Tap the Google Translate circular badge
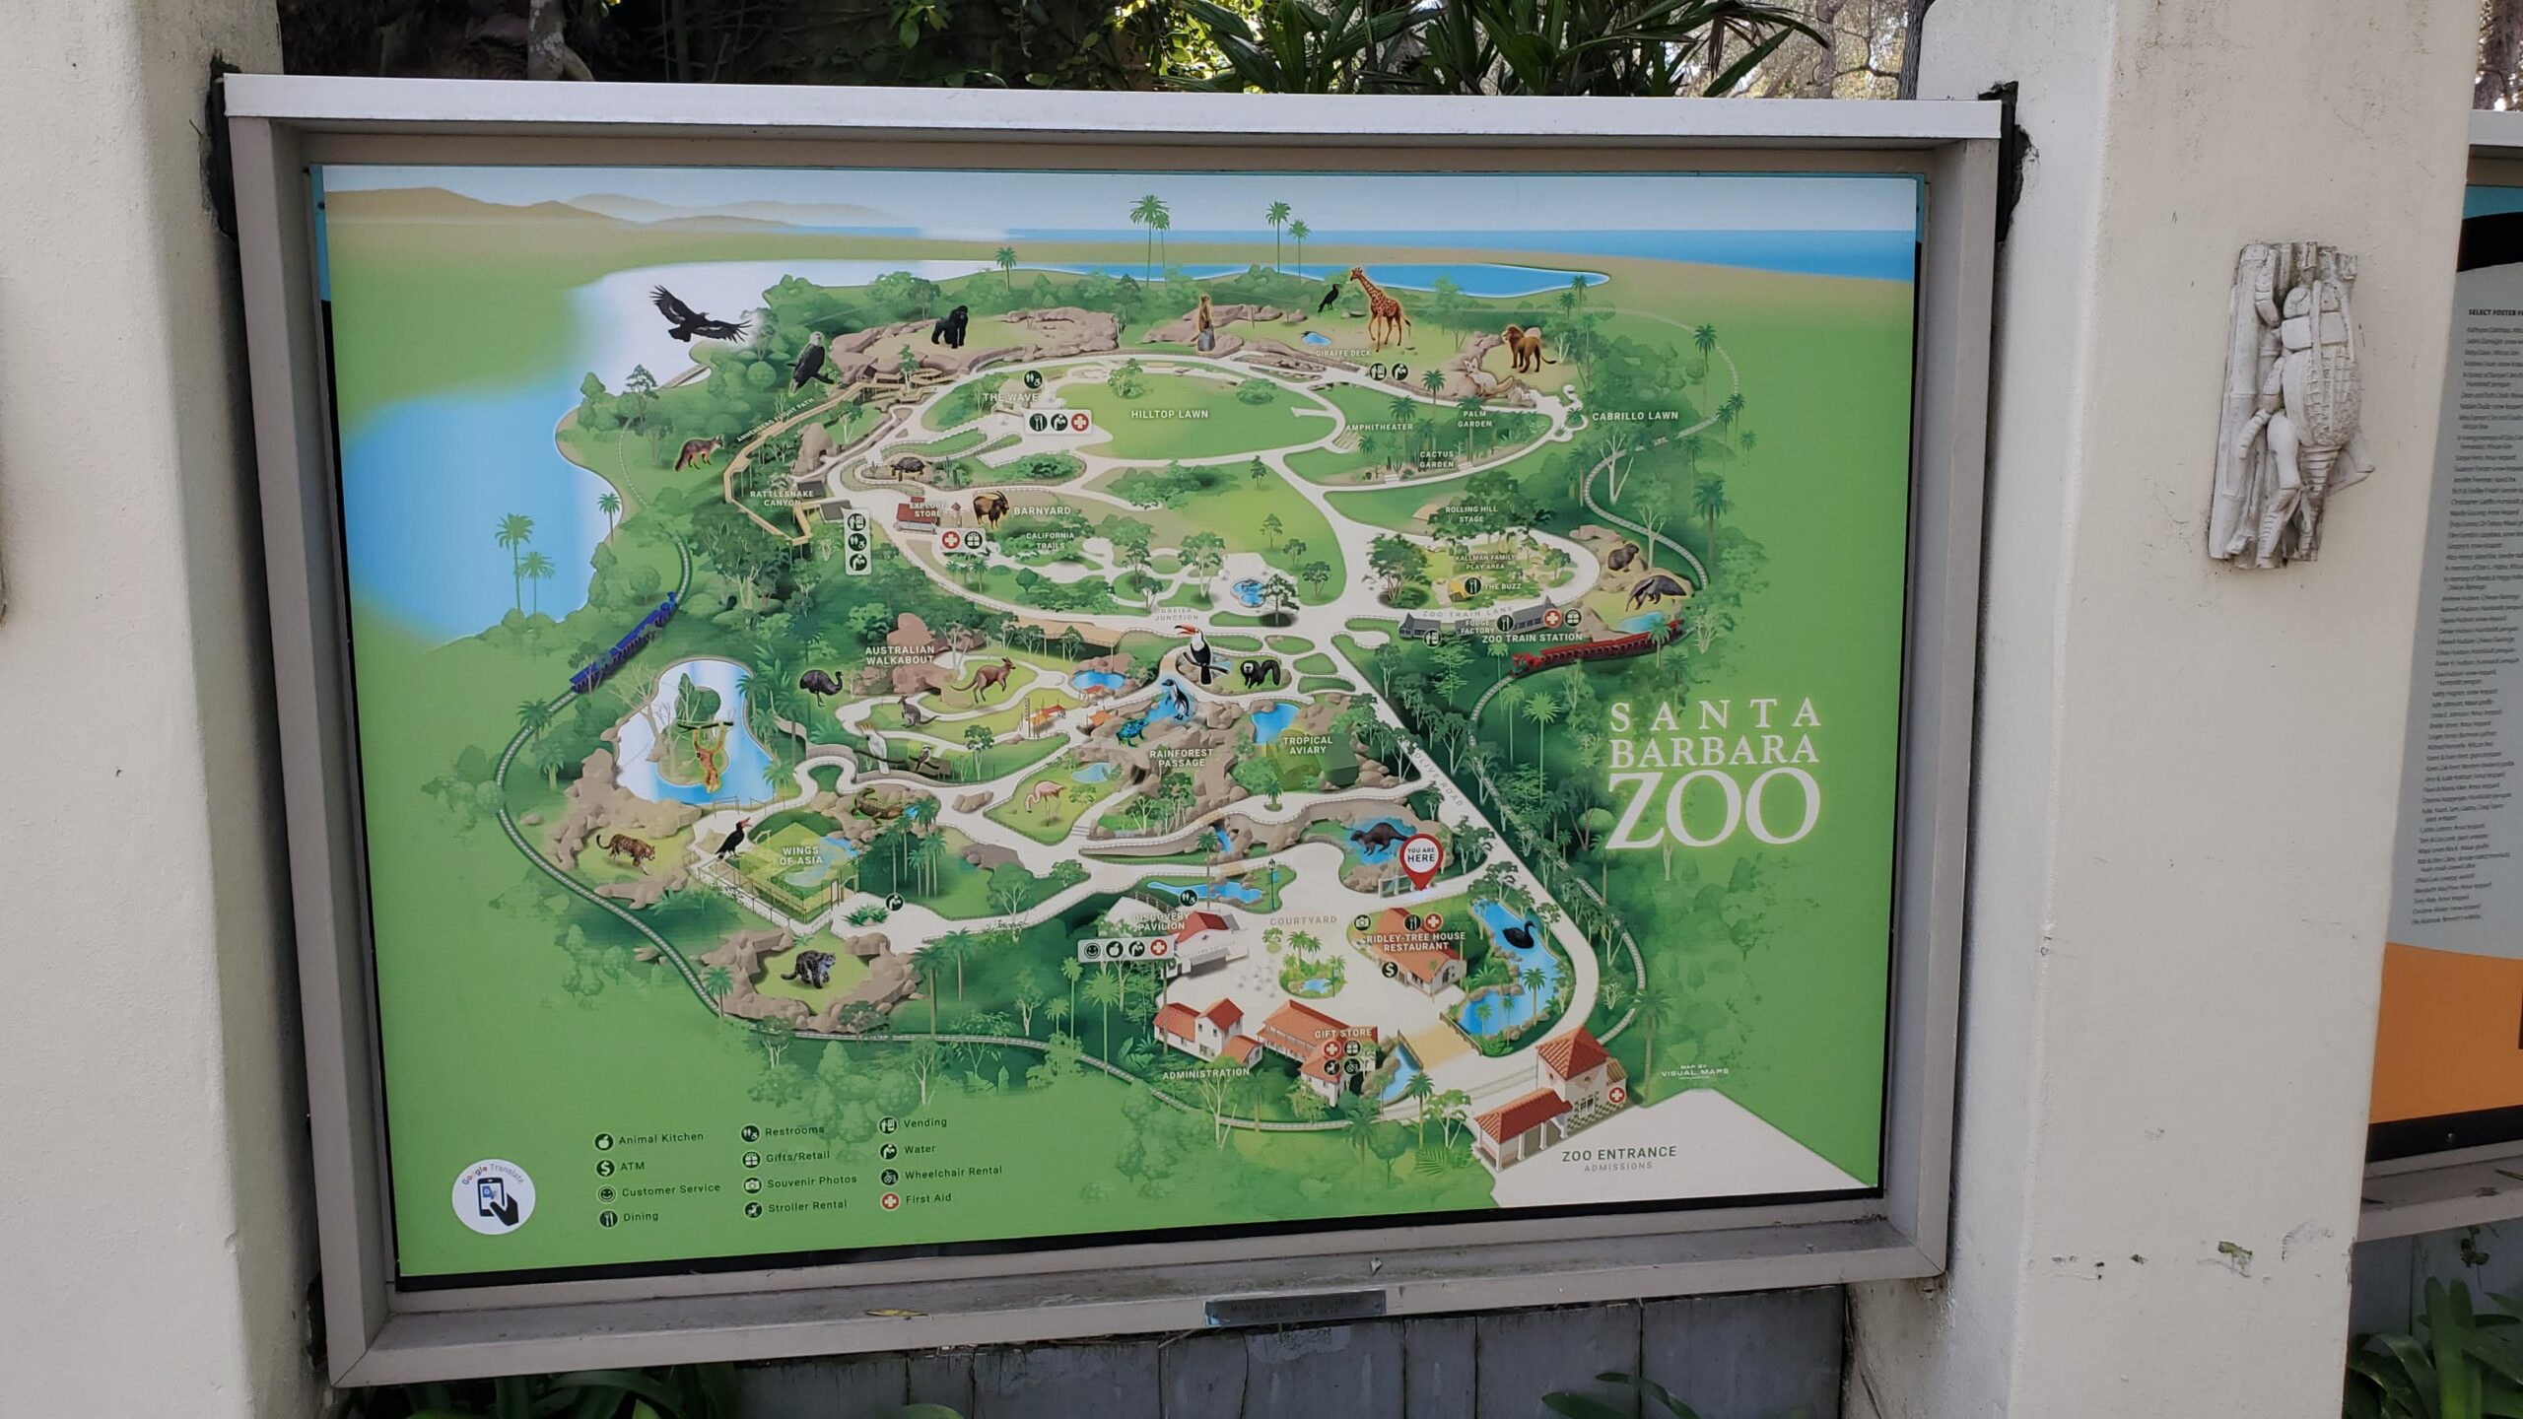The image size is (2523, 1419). (494, 1195)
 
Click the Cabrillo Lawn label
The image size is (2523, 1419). (1635, 416)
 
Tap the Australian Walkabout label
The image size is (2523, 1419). (899, 656)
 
